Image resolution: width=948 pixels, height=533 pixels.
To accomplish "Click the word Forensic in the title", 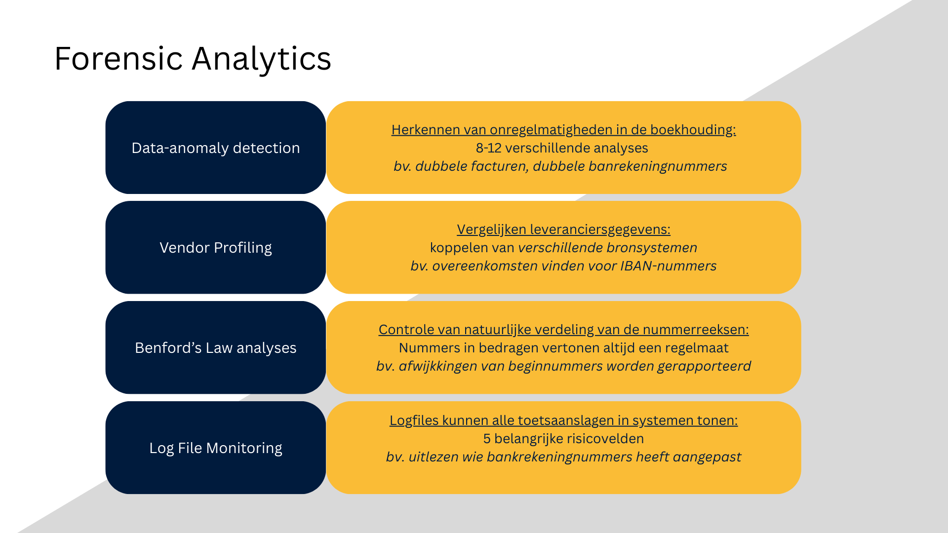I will [118, 59].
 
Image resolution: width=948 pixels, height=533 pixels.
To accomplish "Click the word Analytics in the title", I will [261, 59].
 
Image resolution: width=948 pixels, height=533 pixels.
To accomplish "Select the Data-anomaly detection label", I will [216, 148].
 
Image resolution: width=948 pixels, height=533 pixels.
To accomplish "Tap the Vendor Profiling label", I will [216, 248].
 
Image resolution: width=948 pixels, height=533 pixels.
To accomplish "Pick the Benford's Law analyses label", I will [216, 348].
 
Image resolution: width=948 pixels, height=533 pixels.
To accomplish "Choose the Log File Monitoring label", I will [216, 448].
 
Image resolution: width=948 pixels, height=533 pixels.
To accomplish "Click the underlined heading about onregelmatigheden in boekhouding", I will [563, 130].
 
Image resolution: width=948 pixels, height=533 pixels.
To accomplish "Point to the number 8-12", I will [488, 148].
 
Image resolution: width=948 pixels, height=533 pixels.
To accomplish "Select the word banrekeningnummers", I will [658, 166].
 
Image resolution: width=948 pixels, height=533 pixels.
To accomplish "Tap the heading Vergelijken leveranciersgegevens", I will [563, 229].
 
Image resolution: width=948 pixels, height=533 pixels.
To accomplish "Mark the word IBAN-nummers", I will [668, 266].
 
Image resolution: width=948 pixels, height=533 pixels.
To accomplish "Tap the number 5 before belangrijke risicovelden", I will [487, 439].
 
